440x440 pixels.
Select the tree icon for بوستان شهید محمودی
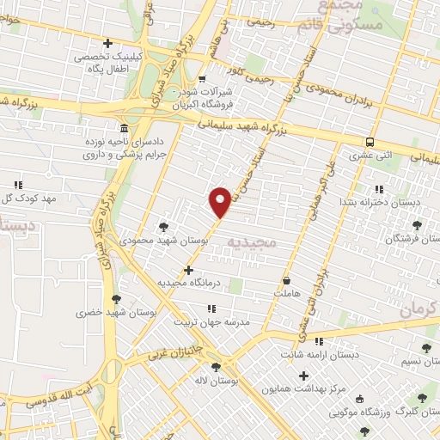163,227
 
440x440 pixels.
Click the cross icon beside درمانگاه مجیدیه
188,270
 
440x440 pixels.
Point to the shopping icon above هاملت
286,280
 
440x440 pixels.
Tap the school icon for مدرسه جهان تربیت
211,308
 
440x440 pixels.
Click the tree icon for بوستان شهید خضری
116,299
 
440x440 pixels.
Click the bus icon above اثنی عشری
370,143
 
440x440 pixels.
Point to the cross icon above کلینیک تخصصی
107,43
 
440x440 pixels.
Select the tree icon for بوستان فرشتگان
417,225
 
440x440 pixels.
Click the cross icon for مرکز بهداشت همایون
303,375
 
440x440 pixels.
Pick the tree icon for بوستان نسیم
426,347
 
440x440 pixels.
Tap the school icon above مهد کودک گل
18,185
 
